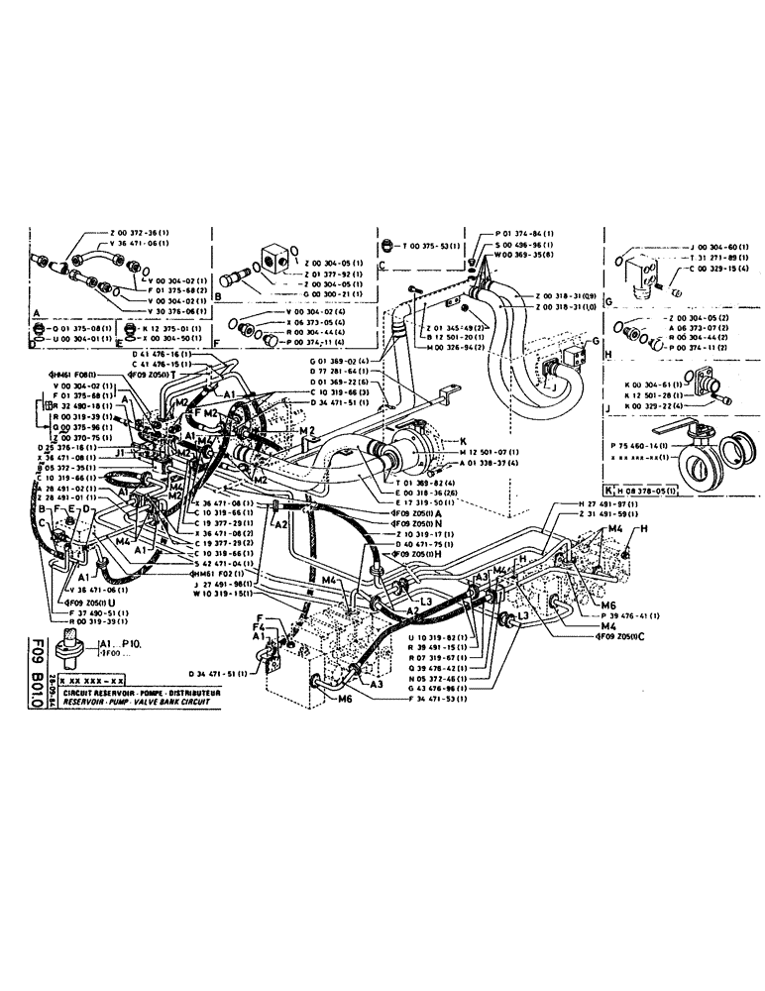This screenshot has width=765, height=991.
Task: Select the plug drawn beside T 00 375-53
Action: click(384, 247)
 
